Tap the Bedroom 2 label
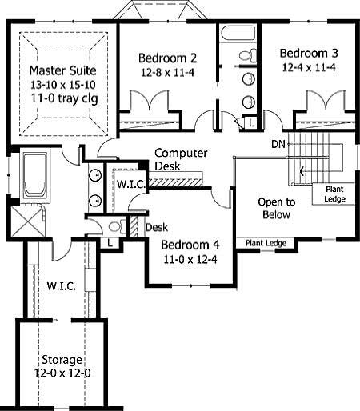(x=168, y=58)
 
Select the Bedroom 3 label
(x=309, y=53)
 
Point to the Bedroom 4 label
(x=190, y=245)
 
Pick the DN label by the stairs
(x=278, y=144)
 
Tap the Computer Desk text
(x=181, y=159)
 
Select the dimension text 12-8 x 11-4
(x=168, y=72)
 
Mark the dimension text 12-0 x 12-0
(x=61, y=374)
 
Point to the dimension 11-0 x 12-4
(x=190, y=259)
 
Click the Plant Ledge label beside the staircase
(x=334, y=194)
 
